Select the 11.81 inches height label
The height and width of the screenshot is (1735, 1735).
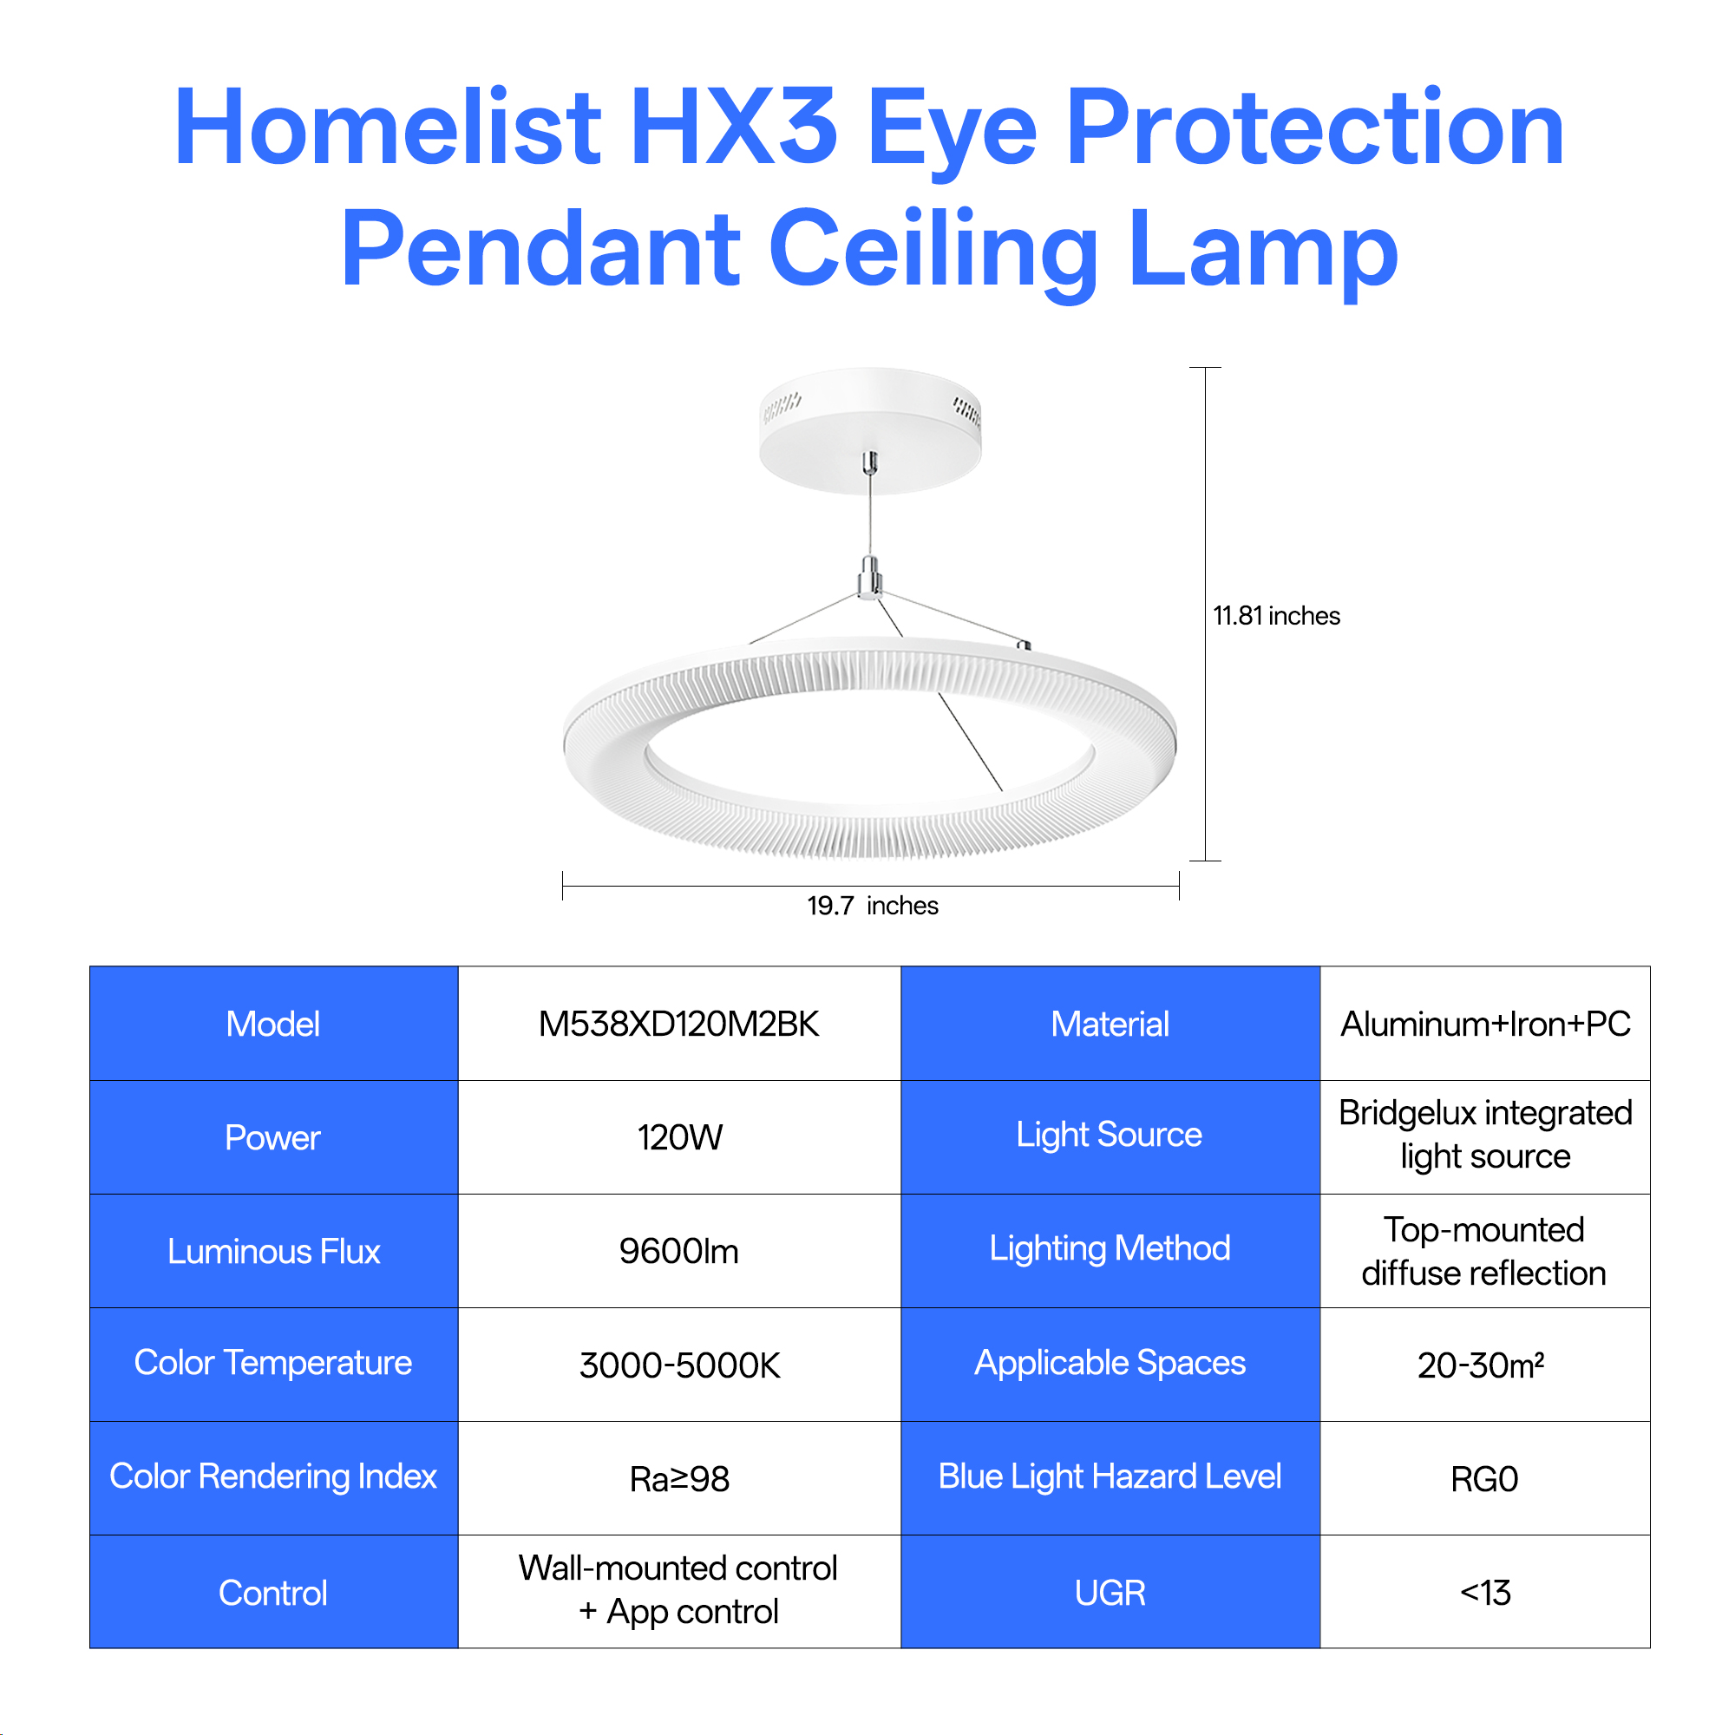tap(1276, 616)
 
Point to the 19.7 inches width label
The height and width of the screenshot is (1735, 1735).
tap(872, 905)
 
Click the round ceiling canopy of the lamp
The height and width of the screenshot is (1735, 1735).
tap(870, 430)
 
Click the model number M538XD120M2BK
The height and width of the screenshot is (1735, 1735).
tap(679, 1024)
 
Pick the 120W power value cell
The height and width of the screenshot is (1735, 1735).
tap(679, 1137)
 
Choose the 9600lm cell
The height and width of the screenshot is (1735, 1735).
tap(679, 1251)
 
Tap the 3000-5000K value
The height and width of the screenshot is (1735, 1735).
tap(679, 1365)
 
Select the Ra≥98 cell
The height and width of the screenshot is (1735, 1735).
tap(679, 1479)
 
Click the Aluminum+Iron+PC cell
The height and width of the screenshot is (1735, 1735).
tap(1485, 1024)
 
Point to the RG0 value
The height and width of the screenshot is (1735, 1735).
tap(1484, 1479)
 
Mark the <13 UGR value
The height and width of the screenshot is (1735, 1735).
tap(1485, 1592)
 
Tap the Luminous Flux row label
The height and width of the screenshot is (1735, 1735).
tap(274, 1251)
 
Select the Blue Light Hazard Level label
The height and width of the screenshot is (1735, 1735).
tap(1110, 1477)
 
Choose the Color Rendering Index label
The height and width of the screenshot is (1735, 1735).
tap(273, 1477)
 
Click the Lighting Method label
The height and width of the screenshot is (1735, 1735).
tap(1110, 1249)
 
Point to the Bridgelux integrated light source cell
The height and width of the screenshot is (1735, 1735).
tap(1485, 1134)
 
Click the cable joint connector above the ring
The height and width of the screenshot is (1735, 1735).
tap(869, 578)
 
